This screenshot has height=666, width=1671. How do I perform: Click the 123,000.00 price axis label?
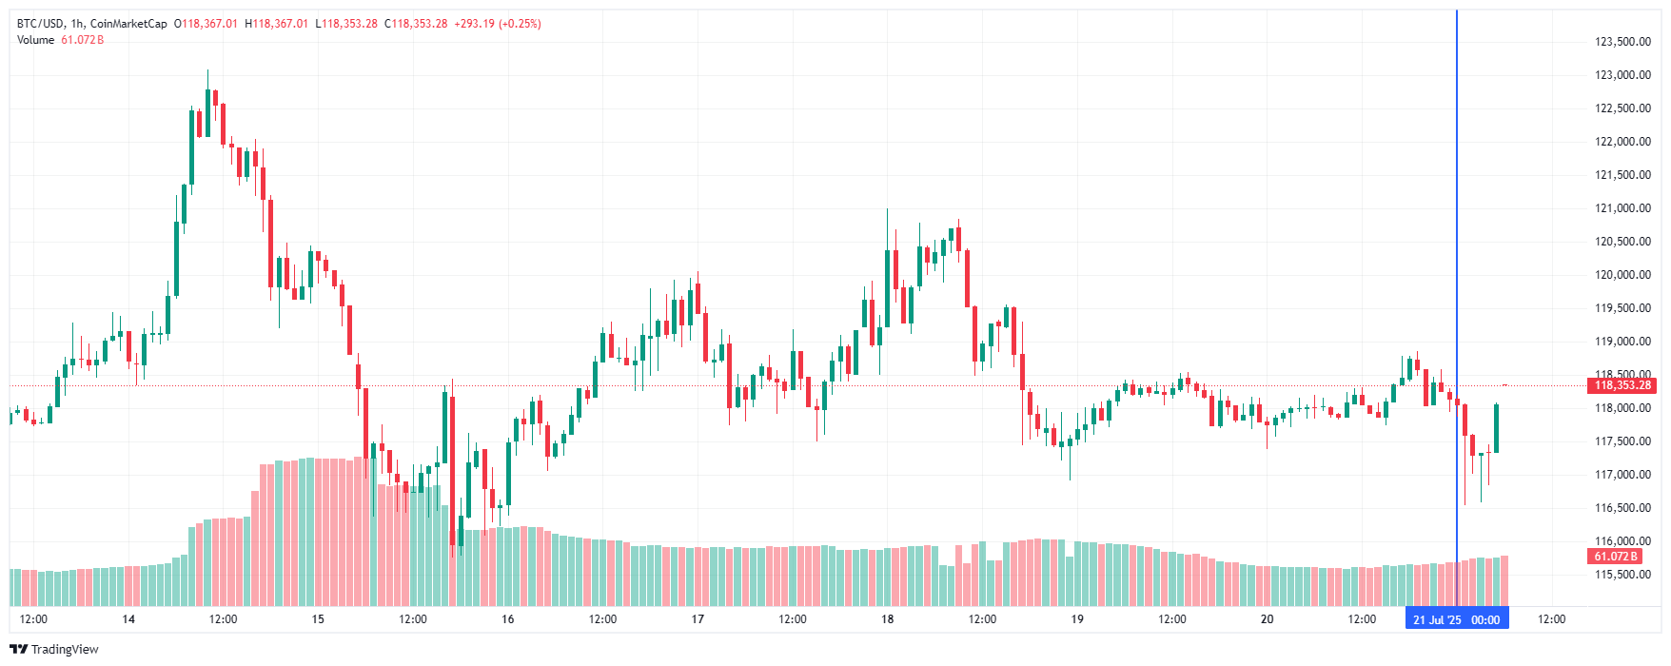coord(1622,75)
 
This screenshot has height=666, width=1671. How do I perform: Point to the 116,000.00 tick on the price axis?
coord(1622,541)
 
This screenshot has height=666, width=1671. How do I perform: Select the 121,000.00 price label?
coord(1622,208)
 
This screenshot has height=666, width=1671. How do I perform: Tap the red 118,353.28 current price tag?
coord(1622,385)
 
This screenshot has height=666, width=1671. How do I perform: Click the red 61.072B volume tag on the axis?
coord(1616,557)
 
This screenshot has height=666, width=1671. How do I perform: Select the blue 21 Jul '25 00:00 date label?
coord(1456,619)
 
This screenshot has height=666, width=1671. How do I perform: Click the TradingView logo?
coord(54,650)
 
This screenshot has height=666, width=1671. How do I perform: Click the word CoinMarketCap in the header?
coord(128,24)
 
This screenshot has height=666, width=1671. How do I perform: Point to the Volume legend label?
coord(36,40)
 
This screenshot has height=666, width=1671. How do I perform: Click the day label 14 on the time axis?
coord(128,619)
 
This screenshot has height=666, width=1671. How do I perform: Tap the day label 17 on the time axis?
coord(698,619)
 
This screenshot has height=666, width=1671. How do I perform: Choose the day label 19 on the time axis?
coord(1077,619)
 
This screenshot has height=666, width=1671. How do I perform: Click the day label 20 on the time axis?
coord(1267,619)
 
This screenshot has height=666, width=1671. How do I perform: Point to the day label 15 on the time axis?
coord(318,619)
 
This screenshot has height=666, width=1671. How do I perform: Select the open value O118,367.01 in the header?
coord(206,24)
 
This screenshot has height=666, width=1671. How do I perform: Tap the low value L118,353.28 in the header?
coord(346,24)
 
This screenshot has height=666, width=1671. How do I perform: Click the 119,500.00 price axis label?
coord(1622,308)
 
